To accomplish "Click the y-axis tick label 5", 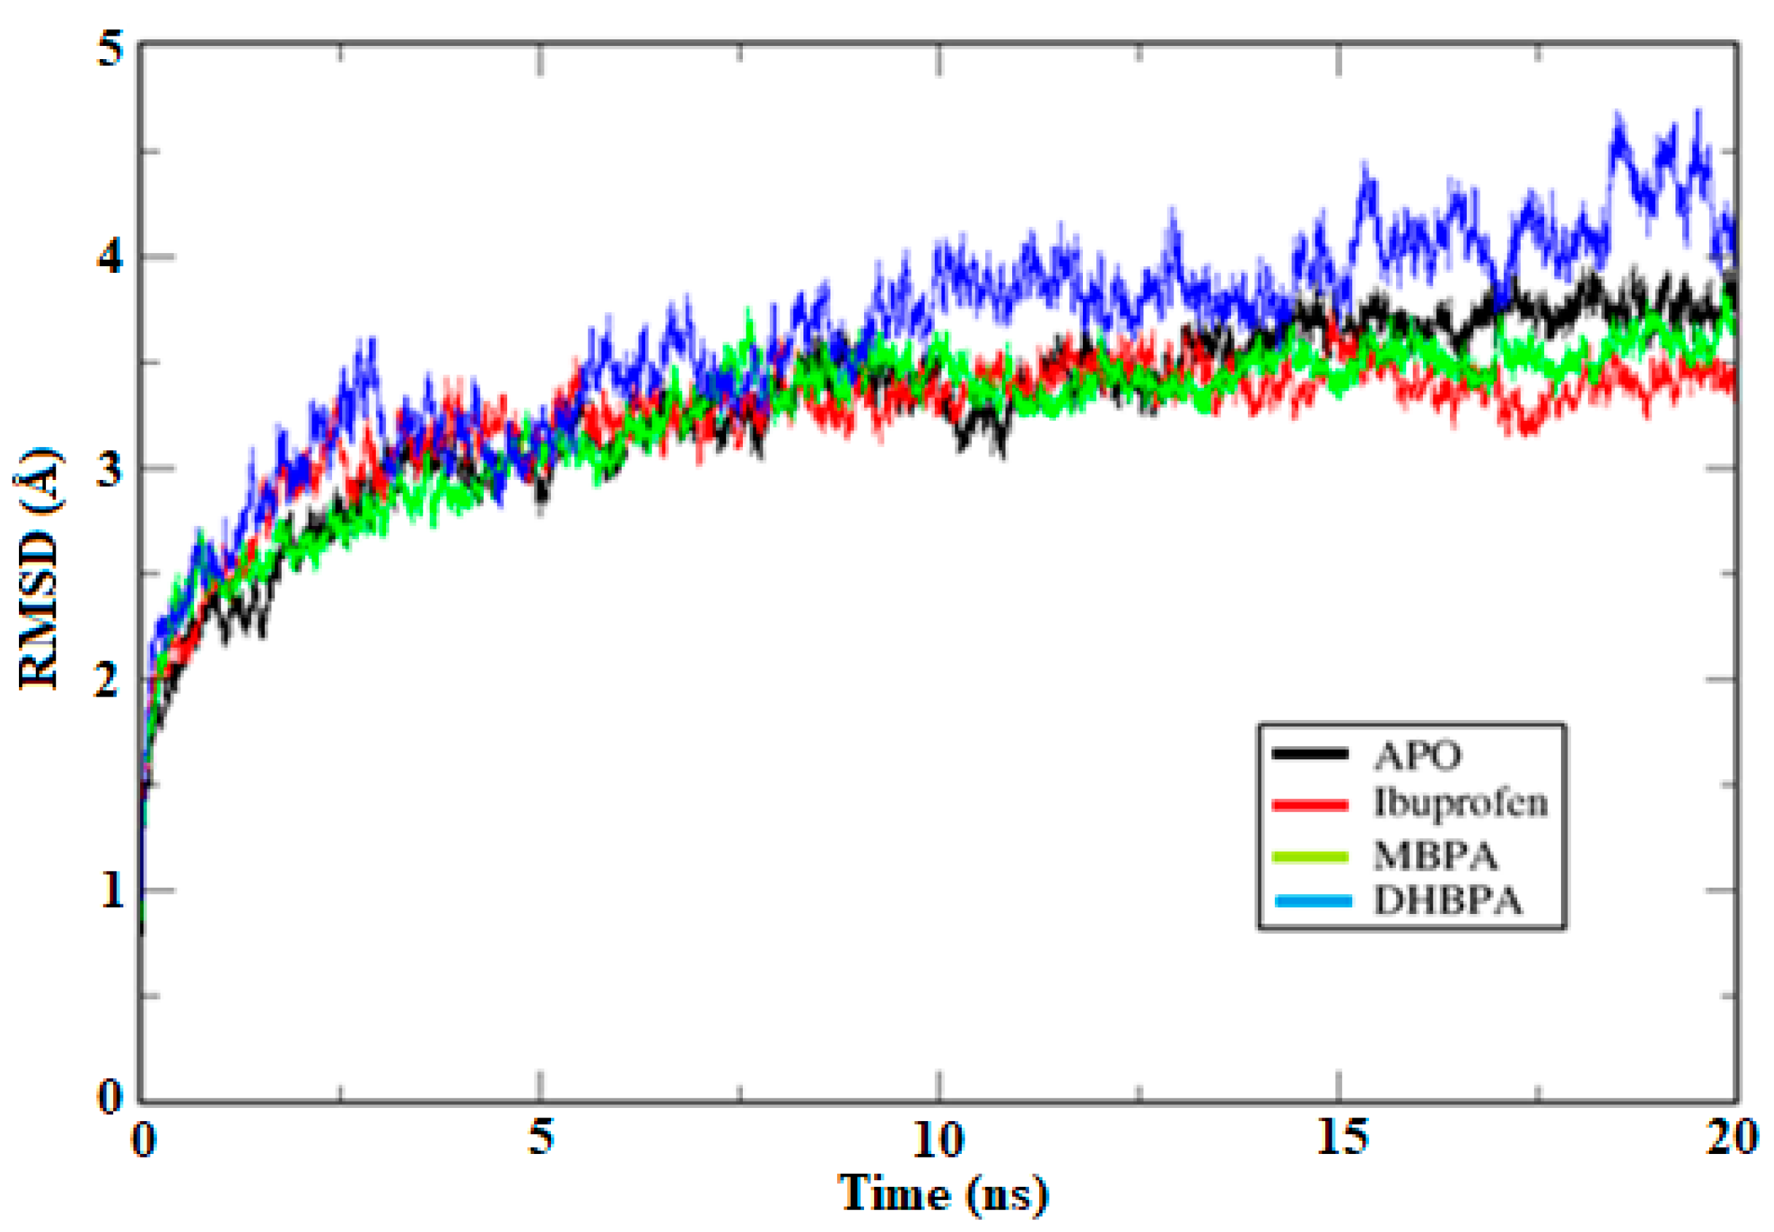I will tap(110, 50).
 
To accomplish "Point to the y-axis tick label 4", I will tap(109, 256).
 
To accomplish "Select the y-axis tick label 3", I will tap(109, 468).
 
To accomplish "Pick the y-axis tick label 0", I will tap(110, 1096).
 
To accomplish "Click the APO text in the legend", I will tap(1418, 755).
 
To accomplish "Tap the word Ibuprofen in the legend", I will tap(1460, 804).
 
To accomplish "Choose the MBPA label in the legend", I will tap(1435, 856).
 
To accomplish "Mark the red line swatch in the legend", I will tap(1310, 805).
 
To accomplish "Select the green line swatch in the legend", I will tap(1310, 856).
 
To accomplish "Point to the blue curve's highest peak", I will tap(1696, 114).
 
